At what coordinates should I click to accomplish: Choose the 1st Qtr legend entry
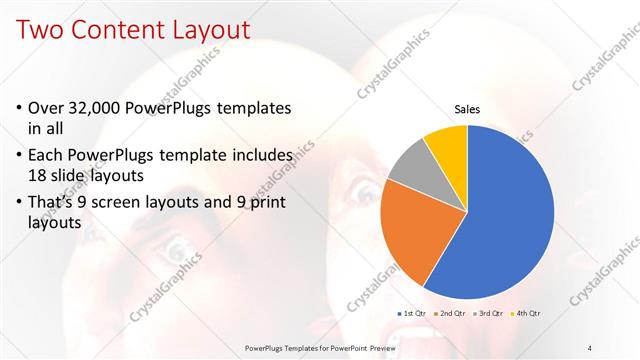coord(412,314)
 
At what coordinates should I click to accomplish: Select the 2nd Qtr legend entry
coord(452,314)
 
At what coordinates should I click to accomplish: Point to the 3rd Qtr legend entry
coord(490,314)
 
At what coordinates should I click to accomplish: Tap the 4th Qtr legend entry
coord(528,314)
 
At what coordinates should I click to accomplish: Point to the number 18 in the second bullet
coord(39,177)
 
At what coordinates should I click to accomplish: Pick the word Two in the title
coord(37,29)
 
